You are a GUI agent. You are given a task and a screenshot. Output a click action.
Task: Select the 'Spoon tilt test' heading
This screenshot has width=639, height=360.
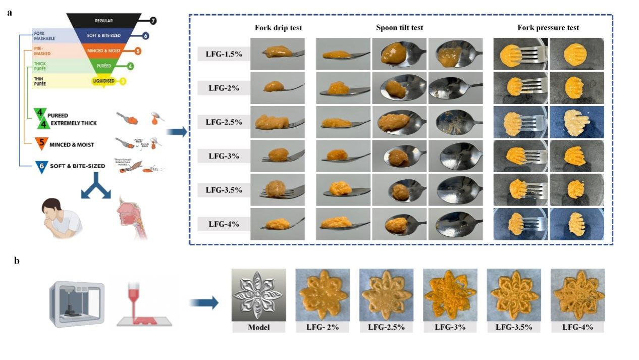(399, 28)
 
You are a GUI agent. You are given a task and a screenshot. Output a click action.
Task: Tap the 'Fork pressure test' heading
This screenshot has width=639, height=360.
(548, 28)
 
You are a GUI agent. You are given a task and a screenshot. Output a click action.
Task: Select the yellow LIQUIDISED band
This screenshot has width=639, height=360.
(104, 81)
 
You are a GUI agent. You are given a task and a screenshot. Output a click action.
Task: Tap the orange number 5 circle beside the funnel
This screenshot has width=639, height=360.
(138, 51)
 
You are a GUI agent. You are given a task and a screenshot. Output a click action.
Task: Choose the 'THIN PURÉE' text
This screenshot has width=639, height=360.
(40, 81)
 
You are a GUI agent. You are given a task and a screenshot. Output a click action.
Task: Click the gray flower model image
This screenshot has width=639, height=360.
(258, 295)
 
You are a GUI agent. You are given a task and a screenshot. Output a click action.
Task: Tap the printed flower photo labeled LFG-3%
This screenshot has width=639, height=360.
(450, 295)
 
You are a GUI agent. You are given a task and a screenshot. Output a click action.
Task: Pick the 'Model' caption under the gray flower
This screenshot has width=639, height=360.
(258, 327)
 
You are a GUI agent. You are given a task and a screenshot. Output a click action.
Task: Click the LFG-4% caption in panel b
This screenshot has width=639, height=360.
(577, 327)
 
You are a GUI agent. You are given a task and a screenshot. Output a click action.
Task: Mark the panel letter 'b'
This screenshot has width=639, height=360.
(17, 261)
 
